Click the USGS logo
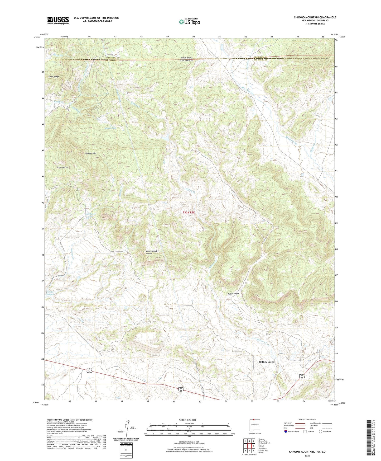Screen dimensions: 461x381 pyautogui.click(x=58, y=20)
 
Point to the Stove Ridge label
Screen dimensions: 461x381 pyautogui.click(x=54, y=77)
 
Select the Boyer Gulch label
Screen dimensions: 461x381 pyautogui.click(x=62, y=167)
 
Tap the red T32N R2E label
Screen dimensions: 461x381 pyautogui.click(x=189, y=212)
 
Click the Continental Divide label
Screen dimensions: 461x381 pyautogui.click(x=151, y=252)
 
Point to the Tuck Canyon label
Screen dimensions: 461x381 pyautogui.click(x=233, y=294)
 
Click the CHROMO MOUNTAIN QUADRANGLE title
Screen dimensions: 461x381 pyautogui.click(x=315, y=17)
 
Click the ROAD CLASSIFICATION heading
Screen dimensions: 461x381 pyautogui.click(x=307, y=420)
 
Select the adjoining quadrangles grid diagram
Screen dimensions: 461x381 pyautogui.click(x=249, y=446)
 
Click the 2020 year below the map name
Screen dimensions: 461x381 pyautogui.click(x=307, y=455)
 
